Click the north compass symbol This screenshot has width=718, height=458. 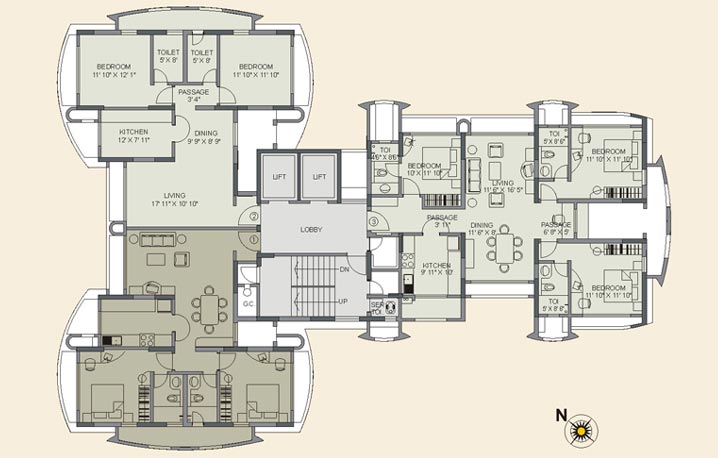click(x=579, y=431)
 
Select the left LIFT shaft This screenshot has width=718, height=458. click(x=278, y=176)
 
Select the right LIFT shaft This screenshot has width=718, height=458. click(x=319, y=176)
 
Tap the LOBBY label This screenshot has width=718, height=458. click(x=311, y=230)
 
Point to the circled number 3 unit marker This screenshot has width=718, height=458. click(x=374, y=222)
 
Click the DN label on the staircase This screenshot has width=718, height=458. click(x=343, y=269)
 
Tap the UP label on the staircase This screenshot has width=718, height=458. click(x=343, y=301)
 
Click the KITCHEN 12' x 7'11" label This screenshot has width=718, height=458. click(x=134, y=137)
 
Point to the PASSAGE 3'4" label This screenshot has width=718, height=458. click(x=193, y=95)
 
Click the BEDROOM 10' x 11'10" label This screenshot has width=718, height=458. click(x=424, y=171)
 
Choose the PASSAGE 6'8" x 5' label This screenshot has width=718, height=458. click(x=556, y=229)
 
